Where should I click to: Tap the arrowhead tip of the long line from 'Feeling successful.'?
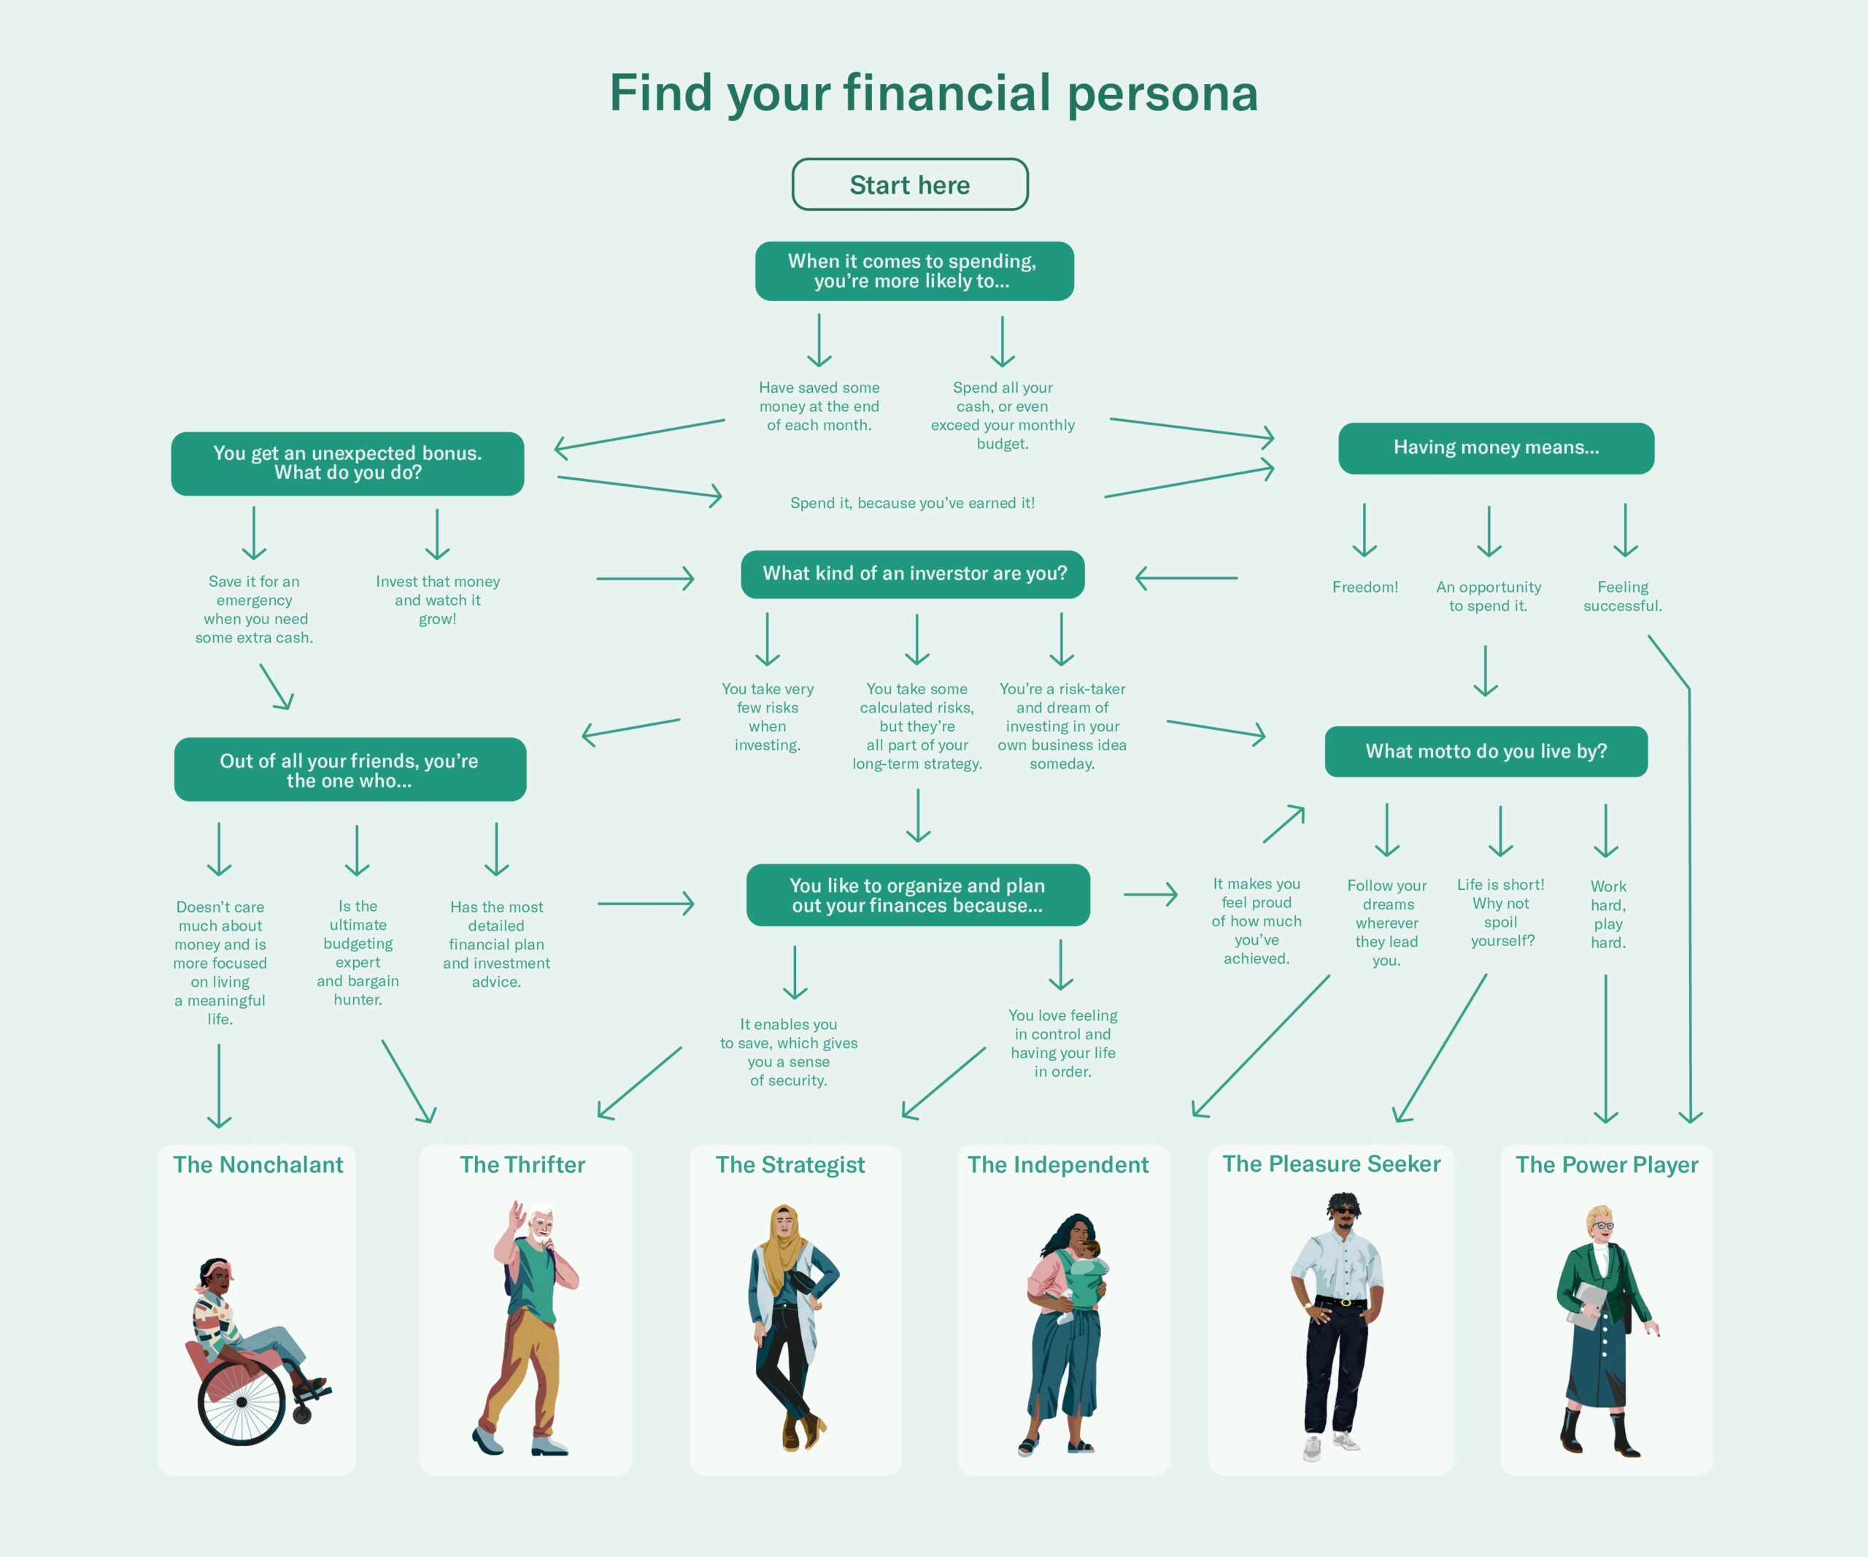click(x=1690, y=1123)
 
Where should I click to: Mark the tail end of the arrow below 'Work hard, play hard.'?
click(x=1605, y=975)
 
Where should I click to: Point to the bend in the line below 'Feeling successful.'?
click(x=1689, y=688)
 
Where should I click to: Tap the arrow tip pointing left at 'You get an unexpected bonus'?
click(x=555, y=447)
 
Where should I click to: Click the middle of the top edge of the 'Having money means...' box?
click(x=1496, y=423)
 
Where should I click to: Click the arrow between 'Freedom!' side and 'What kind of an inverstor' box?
click(x=1186, y=578)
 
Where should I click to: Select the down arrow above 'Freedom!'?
click(x=1365, y=530)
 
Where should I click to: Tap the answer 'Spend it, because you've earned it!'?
click(x=913, y=503)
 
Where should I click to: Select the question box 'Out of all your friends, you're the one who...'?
click(x=350, y=769)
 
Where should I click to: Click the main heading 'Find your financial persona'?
click(x=934, y=93)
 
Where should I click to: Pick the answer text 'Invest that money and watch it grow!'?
click(x=438, y=600)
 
